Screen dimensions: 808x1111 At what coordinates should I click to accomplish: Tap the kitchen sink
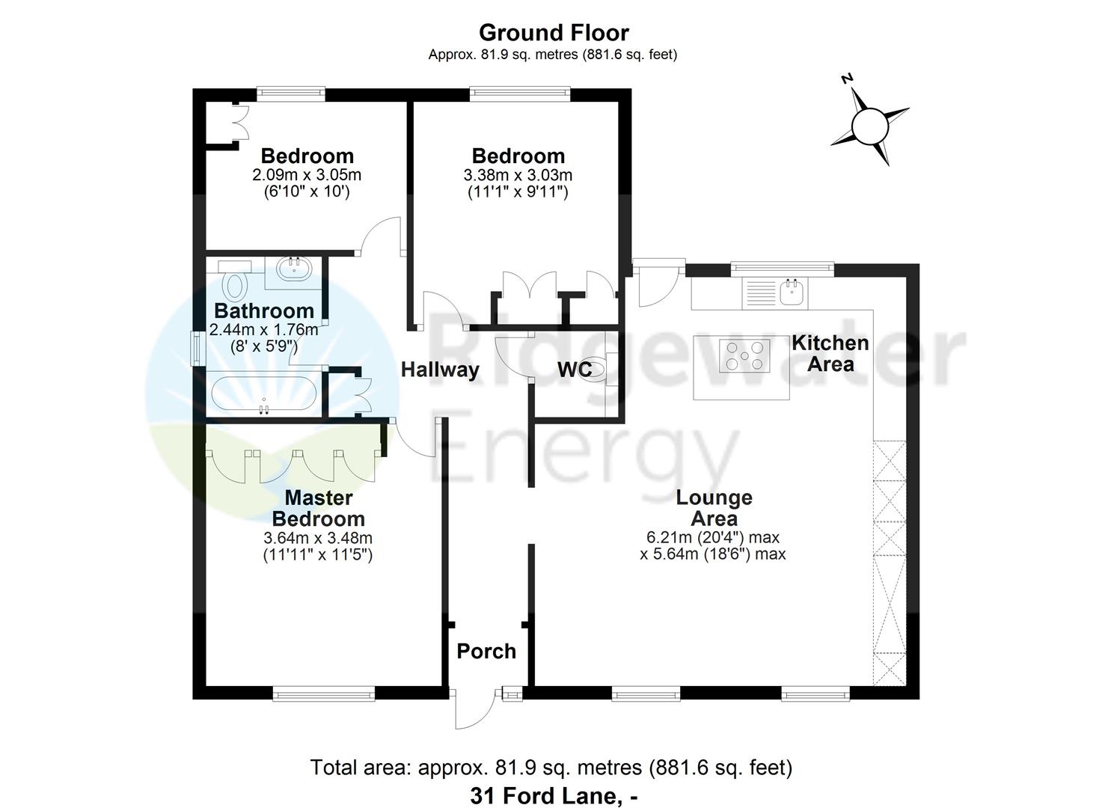(x=792, y=292)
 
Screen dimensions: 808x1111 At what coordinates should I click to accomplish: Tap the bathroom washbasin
(x=297, y=268)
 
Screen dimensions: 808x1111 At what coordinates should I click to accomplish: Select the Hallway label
(x=440, y=370)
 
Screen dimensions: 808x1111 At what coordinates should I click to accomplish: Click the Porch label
(x=486, y=651)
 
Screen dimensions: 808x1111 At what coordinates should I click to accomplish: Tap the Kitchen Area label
(x=830, y=354)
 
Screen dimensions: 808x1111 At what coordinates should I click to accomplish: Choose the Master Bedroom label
(x=318, y=508)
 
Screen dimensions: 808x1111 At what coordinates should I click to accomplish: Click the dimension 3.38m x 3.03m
(x=518, y=176)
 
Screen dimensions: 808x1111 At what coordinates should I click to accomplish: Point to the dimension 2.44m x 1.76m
(x=263, y=329)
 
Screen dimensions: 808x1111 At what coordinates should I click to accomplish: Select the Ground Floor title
(x=554, y=32)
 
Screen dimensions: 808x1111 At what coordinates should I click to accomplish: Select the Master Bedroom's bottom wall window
(x=323, y=695)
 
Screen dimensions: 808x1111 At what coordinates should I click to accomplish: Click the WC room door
(x=512, y=357)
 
